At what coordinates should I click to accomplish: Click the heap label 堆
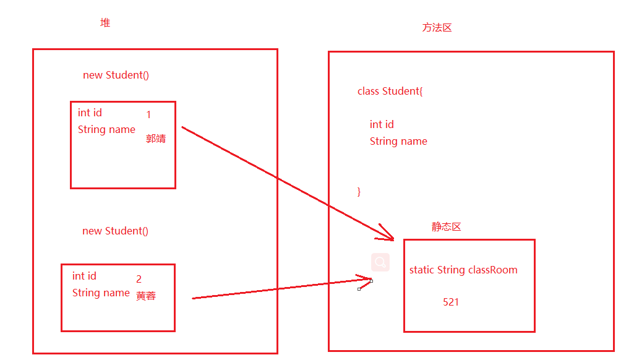tap(105, 23)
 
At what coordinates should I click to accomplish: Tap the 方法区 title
tap(437, 28)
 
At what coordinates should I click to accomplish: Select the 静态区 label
tap(447, 227)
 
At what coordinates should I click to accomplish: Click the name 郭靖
tap(156, 139)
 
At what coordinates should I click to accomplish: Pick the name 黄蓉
tap(146, 296)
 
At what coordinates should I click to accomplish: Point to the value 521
tap(451, 302)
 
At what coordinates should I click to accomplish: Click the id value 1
tap(148, 115)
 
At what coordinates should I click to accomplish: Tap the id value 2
tap(139, 280)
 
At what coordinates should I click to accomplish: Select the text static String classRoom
tap(463, 270)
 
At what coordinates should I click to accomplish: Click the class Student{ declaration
tap(390, 91)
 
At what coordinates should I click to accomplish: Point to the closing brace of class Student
tap(359, 191)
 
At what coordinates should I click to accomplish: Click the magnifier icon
tap(380, 262)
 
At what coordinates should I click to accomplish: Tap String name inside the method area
tap(398, 141)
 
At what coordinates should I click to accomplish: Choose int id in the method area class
tap(382, 124)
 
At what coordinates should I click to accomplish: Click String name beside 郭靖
tap(106, 129)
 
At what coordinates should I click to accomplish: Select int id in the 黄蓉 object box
tap(84, 276)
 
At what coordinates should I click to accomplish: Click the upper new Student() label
tap(116, 75)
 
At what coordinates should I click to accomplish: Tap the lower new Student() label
tap(115, 231)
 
